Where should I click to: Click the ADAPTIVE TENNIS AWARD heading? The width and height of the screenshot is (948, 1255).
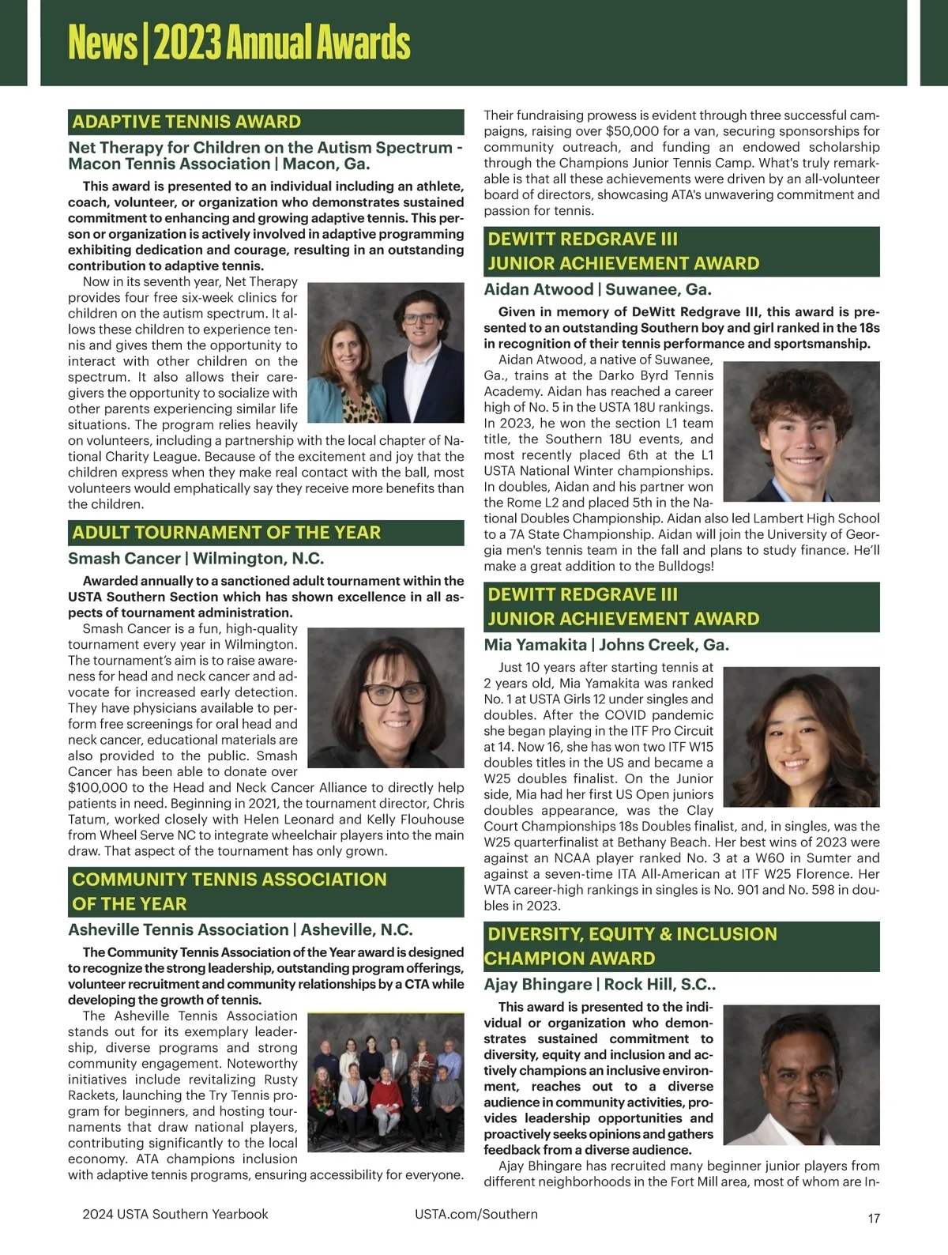[x=186, y=122]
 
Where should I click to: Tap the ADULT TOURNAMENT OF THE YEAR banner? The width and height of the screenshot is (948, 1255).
[x=227, y=533]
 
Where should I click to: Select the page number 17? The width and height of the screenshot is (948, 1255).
[x=873, y=1218]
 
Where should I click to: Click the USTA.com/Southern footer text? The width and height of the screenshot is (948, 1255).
[x=476, y=1214]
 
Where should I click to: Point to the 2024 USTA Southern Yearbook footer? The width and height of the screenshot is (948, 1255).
[x=175, y=1214]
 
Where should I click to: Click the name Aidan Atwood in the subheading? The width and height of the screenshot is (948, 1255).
[x=538, y=289]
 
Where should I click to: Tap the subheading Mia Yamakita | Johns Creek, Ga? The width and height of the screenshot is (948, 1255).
[x=606, y=645]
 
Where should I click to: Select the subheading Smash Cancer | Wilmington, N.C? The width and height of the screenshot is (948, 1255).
[x=196, y=559]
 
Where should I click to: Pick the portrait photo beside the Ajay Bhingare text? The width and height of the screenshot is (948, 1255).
[x=801, y=1075]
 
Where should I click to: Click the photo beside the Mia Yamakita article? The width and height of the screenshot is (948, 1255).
[x=801, y=737]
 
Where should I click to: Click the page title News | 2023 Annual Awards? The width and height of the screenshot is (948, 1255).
[x=239, y=43]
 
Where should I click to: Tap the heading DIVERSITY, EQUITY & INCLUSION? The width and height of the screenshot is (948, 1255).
[x=632, y=934]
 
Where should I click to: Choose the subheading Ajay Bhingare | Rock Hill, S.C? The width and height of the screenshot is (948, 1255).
[x=600, y=985]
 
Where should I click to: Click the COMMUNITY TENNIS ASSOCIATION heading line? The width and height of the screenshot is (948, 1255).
[x=229, y=880]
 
